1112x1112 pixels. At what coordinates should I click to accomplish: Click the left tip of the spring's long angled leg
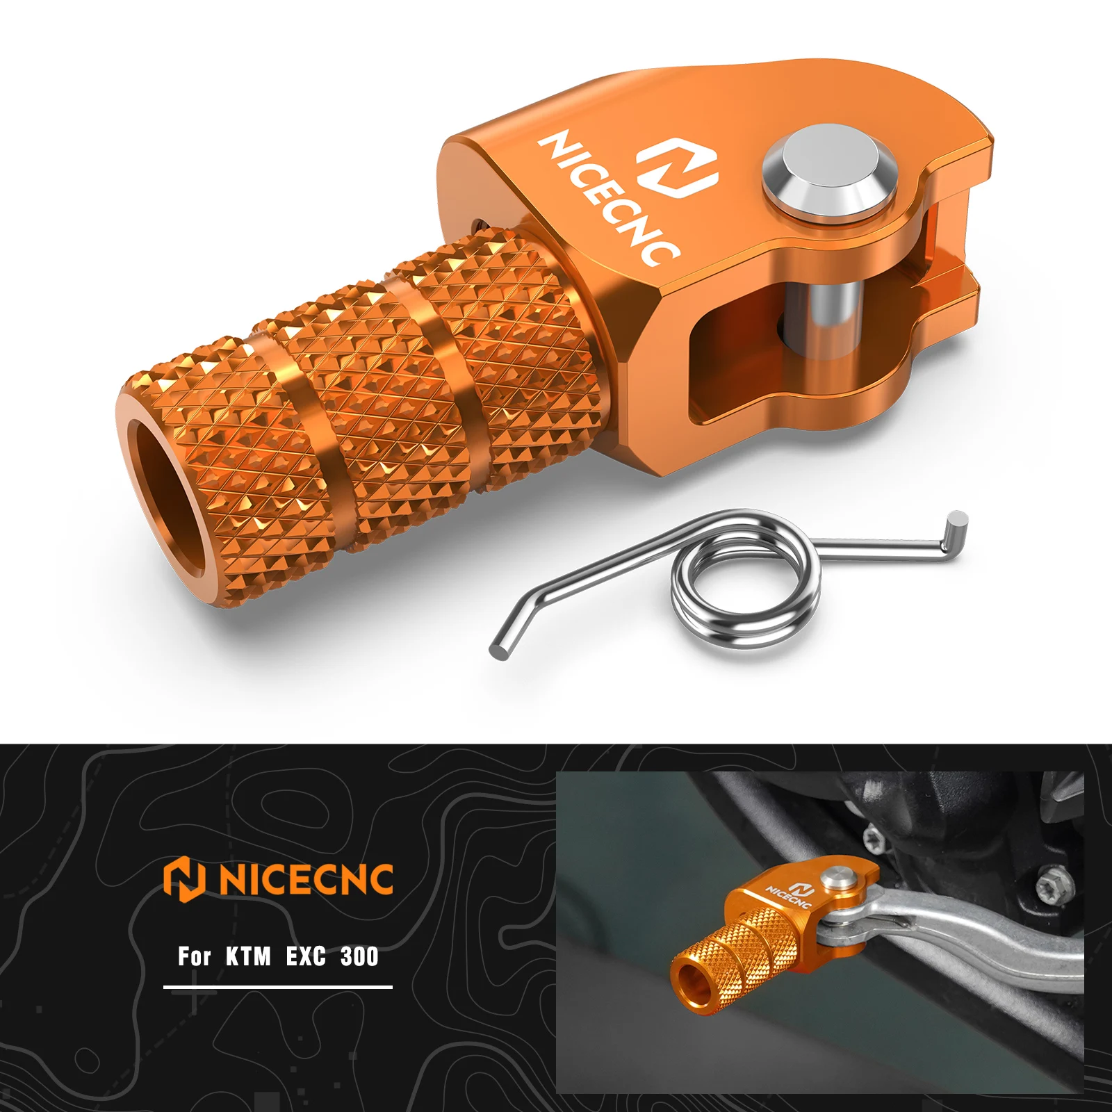(x=499, y=650)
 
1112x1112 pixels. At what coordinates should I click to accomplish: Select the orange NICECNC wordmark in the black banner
(x=306, y=879)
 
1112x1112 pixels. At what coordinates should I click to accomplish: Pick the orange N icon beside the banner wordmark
(x=184, y=878)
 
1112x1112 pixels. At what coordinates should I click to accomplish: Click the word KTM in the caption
(x=247, y=957)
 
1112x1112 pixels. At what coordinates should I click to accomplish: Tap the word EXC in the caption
(x=306, y=957)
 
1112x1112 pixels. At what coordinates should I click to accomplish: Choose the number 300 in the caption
(x=359, y=957)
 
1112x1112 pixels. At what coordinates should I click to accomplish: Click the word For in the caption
(x=194, y=957)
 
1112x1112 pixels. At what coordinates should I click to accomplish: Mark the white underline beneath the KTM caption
(x=278, y=986)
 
